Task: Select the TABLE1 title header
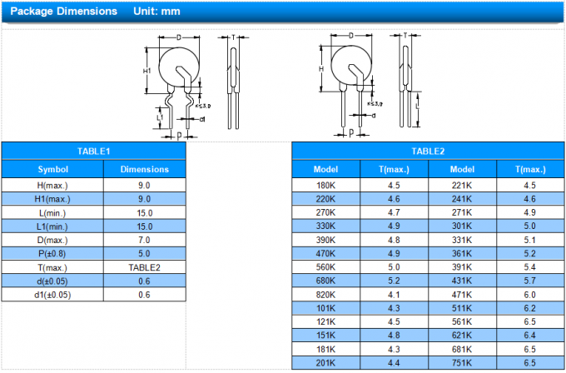point(93,151)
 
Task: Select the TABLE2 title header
point(428,151)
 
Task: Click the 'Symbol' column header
point(52,169)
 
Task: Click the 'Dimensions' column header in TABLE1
point(144,169)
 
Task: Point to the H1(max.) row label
point(52,199)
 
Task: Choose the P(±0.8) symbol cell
point(52,253)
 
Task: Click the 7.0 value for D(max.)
point(144,240)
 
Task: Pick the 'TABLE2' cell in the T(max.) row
point(144,267)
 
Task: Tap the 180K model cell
point(325,185)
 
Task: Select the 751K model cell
point(462,362)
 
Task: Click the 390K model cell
point(325,240)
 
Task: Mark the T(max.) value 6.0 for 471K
point(530,294)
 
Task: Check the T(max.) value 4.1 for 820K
point(394,294)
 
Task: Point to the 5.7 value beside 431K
point(530,281)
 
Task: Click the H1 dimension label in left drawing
point(146,72)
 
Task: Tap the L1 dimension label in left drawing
point(160,118)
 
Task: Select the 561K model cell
point(462,321)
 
